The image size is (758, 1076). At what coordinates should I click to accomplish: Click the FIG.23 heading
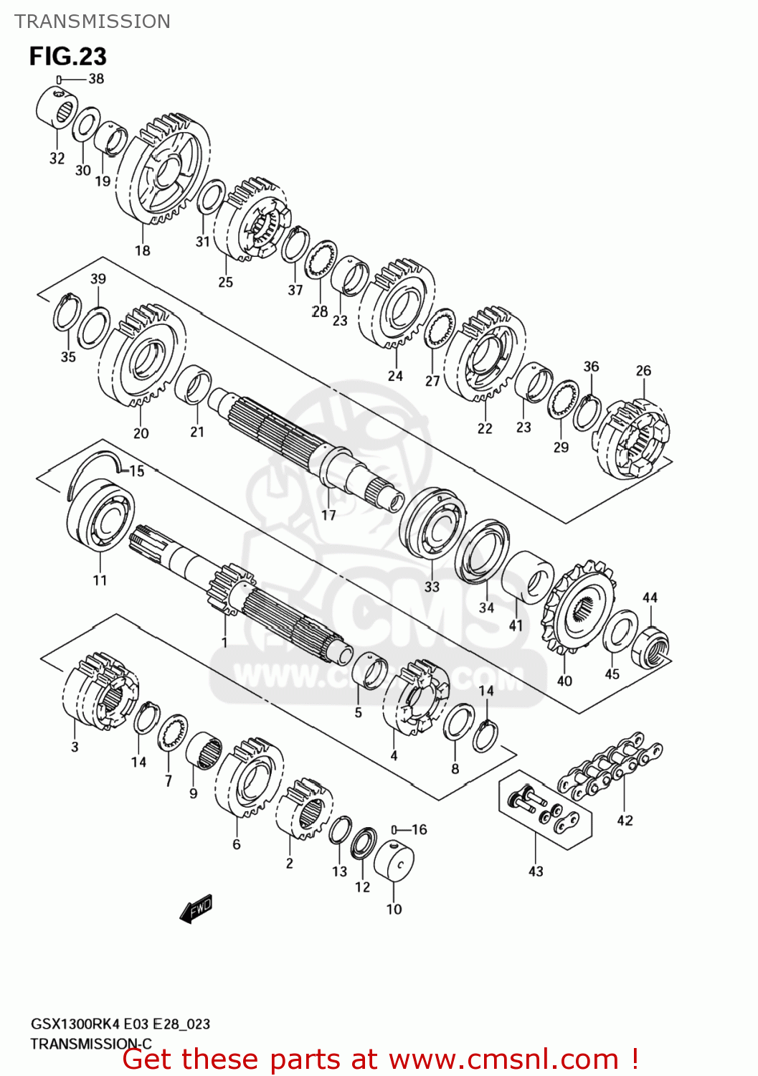click(x=67, y=56)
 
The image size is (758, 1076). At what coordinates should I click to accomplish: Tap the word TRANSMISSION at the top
click(x=93, y=22)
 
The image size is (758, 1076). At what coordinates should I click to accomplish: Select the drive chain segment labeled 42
click(x=610, y=767)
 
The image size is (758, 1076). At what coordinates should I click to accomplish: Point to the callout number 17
click(x=328, y=514)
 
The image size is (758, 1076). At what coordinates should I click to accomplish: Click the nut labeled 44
click(x=650, y=646)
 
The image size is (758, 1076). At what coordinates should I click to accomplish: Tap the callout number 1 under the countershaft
click(x=224, y=641)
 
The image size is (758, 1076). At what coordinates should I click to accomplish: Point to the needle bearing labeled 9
click(x=204, y=750)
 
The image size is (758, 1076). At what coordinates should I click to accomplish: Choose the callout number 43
click(x=536, y=871)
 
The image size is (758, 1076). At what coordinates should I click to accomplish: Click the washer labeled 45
click(x=620, y=631)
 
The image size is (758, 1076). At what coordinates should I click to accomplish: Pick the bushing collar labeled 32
click(x=56, y=108)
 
